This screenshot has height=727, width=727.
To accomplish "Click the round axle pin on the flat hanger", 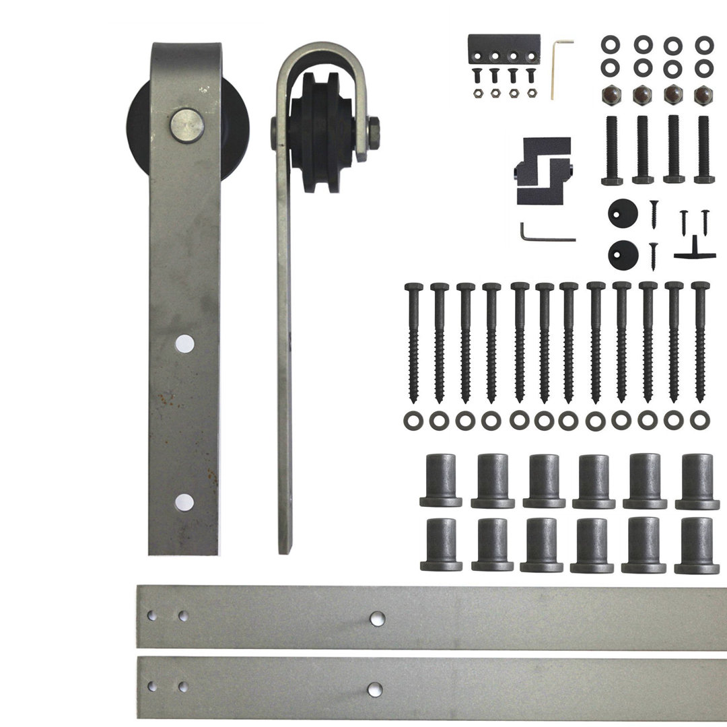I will click(x=186, y=126).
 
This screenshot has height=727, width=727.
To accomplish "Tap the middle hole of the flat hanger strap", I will click(x=183, y=343).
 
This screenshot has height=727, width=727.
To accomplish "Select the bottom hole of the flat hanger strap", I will click(x=183, y=500).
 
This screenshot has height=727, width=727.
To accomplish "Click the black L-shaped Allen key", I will click(x=544, y=232).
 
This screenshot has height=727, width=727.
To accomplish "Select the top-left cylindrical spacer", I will click(x=441, y=480).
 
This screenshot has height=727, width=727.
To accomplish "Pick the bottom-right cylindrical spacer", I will click(x=696, y=545).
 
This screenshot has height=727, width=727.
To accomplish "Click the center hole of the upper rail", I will click(x=376, y=617).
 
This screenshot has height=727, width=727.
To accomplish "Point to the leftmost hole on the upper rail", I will click(x=153, y=615).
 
